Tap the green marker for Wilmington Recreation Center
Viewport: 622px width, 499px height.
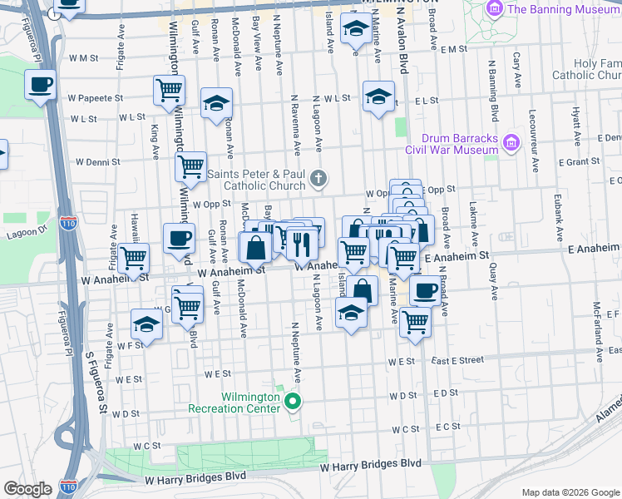(292, 403)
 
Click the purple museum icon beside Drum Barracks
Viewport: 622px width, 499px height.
(511, 144)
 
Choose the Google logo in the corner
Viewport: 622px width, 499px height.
(27, 489)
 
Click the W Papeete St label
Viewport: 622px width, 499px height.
(96, 97)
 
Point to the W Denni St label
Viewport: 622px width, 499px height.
(98, 161)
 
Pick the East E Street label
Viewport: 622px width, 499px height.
(457, 360)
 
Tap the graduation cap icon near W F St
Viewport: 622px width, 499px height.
(146, 325)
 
